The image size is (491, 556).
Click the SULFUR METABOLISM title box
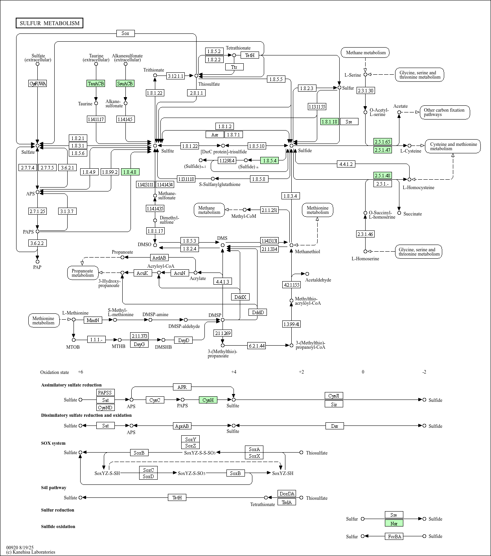point(50,23)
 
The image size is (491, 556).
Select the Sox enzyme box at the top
point(125,33)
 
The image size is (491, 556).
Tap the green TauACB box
point(96,83)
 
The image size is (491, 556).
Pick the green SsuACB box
point(125,83)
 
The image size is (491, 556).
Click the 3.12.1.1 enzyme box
point(175,76)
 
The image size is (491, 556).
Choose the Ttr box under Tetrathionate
point(234,67)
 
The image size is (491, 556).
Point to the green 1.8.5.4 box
point(270,160)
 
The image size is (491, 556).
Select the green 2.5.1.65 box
point(383,142)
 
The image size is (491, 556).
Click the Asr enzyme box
point(215,135)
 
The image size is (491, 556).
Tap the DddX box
point(240,297)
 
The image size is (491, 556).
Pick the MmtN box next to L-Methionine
point(93,320)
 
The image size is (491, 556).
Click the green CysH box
point(208,400)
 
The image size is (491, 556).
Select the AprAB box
point(182,426)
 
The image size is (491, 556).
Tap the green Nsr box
point(394,523)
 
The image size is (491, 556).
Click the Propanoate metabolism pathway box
point(83,273)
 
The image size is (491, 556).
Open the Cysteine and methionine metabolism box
point(453,146)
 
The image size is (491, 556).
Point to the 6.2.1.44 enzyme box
point(257,346)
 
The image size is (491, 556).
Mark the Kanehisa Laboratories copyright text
point(31,552)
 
